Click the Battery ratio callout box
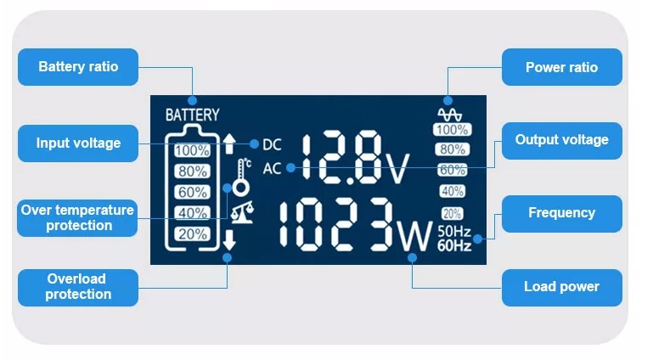tap(78, 67)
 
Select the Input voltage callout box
tap(78, 143)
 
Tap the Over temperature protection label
tap(78, 217)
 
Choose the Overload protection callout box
tap(78, 287)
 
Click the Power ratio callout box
tap(561, 67)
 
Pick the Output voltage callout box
tap(561, 140)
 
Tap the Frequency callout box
tap(561, 213)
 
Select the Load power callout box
tap(561, 287)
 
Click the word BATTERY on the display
tap(192, 115)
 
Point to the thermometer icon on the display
tap(242, 177)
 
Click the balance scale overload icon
tap(242, 210)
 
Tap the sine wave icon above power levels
tap(450, 113)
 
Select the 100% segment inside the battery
tap(193, 151)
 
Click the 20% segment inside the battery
tap(193, 233)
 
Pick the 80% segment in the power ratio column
tap(451, 149)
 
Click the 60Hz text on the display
tap(454, 246)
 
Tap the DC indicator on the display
tap(273, 144)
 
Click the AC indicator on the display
tap(272, 168)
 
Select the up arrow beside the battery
tap(229, 143)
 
